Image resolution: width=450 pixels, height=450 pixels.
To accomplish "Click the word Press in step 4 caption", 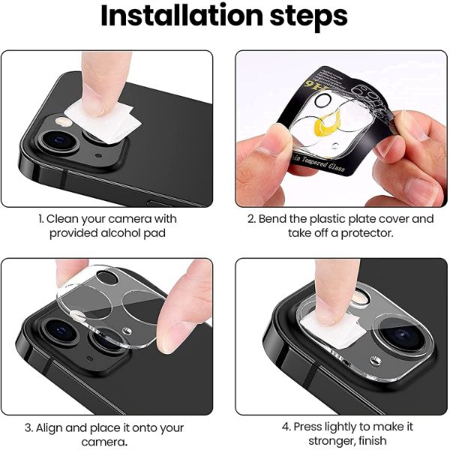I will pyautogui.click(x=308, y=426).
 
